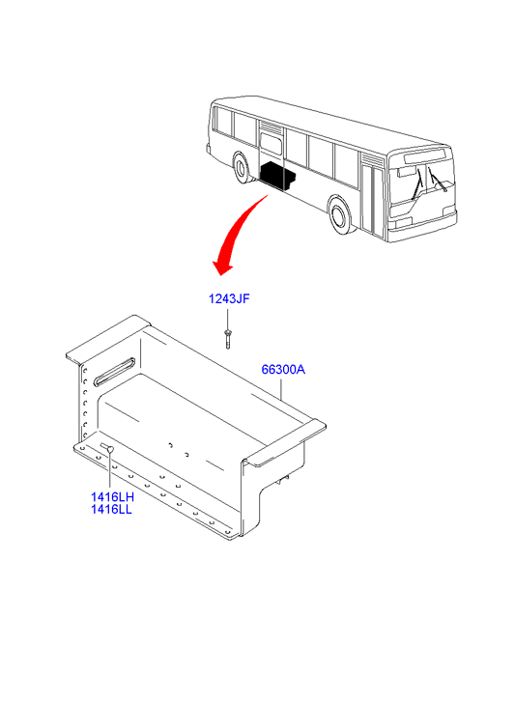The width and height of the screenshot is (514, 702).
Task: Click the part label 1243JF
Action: [229, 298]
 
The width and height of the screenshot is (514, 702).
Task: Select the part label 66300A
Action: [283, 370]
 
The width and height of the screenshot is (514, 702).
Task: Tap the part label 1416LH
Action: [112, 497]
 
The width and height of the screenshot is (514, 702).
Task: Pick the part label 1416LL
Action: [111, 510]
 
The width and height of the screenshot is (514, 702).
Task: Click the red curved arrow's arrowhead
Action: [223, 267]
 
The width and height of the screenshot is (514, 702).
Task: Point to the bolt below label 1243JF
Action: [228, 339]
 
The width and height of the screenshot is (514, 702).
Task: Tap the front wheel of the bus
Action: [341, 216]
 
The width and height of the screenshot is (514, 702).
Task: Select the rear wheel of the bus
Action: [243, 168]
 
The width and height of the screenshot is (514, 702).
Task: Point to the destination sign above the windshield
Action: [425, 156]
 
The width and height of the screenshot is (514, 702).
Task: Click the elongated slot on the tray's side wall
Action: [114, 371]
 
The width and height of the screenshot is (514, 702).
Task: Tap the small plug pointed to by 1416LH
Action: [108, 448]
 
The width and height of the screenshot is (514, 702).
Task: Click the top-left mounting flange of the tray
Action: [107, 337]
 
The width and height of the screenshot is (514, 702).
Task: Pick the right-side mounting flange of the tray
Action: [285, 443]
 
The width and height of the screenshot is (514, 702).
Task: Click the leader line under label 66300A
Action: [281, 388]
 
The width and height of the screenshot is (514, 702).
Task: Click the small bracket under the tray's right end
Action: [283, 479]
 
